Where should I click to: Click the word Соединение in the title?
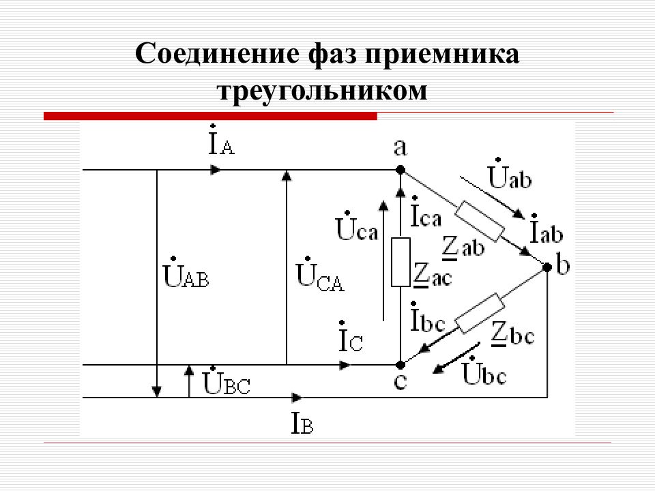click(x=217, y=53)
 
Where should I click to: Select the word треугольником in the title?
click(x=323, y=91)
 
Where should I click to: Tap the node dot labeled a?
click(x=401, y=170)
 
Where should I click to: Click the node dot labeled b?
click(x=547, y=267)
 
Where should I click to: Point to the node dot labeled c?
click(x=401, y=365)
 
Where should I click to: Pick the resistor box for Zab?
click(x=479, y=221)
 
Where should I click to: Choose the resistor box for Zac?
click(x=401, y=262)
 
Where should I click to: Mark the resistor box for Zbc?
click(x=479, y=313)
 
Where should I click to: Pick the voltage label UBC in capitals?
click(x=226, y=381)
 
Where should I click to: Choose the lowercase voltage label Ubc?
click(x=484, y=371)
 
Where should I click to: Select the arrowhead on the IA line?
click(x=215, y=170)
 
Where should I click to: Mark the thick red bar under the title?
click(x=210, y=116)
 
